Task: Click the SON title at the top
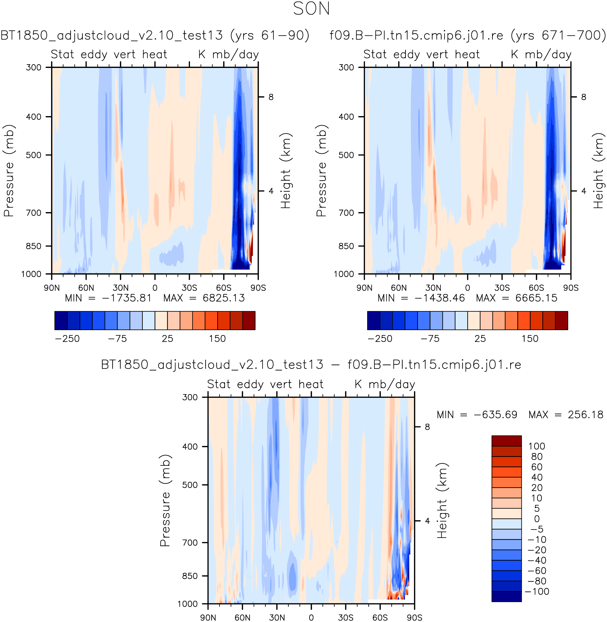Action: coord(311,9)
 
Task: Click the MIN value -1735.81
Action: coord(126,298)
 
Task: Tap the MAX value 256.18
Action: coord(585,415)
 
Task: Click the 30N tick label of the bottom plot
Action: coord(277,618)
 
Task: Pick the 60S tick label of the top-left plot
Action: coord(224,288)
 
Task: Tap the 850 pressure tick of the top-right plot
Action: coord(346,246)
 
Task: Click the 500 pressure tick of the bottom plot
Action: coord(190,485)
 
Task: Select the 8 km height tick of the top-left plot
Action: coord(271,97)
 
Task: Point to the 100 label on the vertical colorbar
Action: coord(537,446)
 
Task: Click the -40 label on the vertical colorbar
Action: coord(537,560)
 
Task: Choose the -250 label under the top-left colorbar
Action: coord(67,339)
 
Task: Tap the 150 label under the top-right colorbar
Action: coord(530,339)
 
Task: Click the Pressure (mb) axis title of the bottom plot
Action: coord(165,500)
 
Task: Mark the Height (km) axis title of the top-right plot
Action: coord(598,171)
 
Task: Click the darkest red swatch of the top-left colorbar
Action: coord(249,320)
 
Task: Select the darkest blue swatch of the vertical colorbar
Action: coord(506,596)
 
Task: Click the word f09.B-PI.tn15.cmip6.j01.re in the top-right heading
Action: coord(416,35)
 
